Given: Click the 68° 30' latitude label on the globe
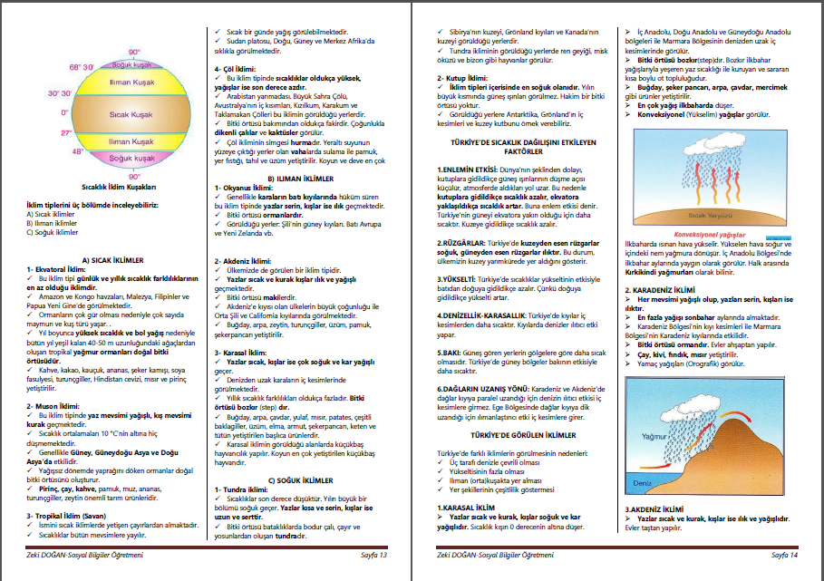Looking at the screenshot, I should pos(82,68).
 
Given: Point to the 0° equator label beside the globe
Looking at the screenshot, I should pos(64,112).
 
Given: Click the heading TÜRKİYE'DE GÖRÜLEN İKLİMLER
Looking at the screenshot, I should pos(518,435).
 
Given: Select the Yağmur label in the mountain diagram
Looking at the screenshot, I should pos(654,436).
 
